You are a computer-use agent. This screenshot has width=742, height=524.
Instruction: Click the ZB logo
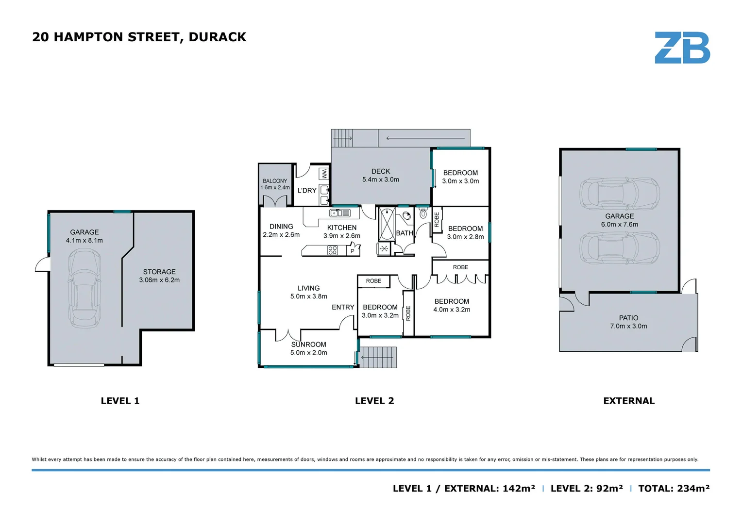tap(682, 48)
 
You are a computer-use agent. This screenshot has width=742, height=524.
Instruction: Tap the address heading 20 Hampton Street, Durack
tap(139, 37)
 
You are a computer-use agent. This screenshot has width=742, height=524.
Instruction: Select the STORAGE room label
tap(159, 272)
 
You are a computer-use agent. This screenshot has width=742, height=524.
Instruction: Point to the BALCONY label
tap(275, 181)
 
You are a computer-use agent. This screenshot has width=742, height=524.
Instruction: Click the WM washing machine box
tap(324, 174)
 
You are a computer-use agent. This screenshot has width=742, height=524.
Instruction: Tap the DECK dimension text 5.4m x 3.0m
tap(381, 180)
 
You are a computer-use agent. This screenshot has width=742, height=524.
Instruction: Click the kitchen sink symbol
tap(340, 213)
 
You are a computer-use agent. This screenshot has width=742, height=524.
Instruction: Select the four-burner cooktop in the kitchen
tap(333, 250)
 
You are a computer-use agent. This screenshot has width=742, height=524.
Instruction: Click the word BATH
tap(405, 233)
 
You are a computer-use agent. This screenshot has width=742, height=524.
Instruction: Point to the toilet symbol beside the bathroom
tap(423, 213)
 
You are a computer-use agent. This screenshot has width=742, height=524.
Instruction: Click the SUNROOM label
tap(309, 344)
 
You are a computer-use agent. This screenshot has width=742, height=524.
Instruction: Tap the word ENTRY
tap(343, 307)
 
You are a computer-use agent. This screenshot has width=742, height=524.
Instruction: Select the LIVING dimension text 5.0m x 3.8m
tap(309, 296)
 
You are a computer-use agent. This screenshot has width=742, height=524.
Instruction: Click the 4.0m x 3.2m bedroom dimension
tap(452, 310)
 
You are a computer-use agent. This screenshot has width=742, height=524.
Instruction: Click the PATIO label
tap(628, 318)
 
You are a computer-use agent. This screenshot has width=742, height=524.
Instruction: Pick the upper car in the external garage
tap(620, 193)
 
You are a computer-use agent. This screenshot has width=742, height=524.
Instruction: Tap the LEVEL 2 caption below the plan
tap(374, 401)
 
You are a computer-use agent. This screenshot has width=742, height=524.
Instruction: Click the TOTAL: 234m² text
tap(674, 489)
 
